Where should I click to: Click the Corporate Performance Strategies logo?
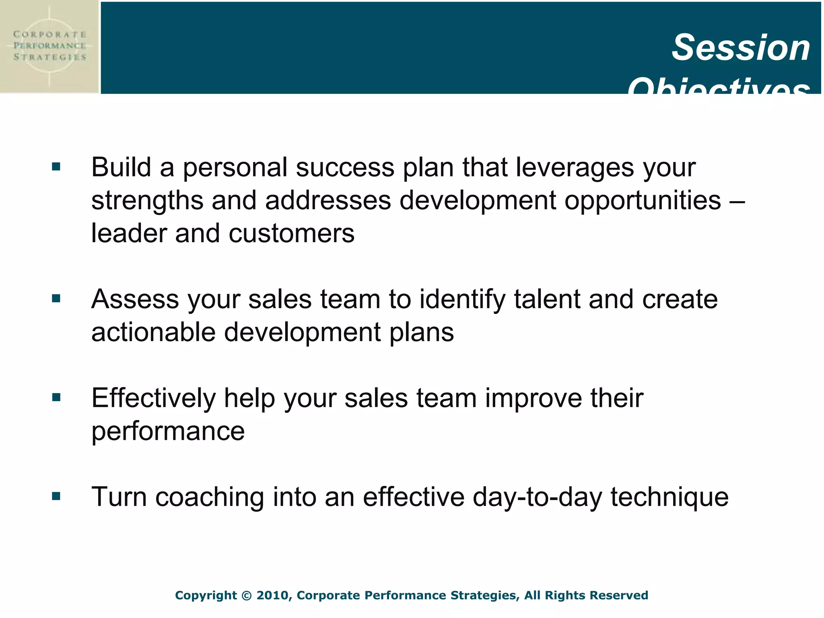pyautogui.click(x=49, y=46)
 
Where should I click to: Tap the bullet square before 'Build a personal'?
pyautogui.click(x=56, y=167)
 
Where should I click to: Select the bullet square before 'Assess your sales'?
pyautogui.click(x=56, y=299)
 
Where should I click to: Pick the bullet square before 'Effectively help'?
pyautogui.click(x=56, y=398)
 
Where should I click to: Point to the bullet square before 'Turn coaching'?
pyautogui.click(x=56, y=496)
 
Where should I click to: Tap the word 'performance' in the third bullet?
pyautogui.click(x=168, y=431)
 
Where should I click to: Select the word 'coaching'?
pyautogui.click(x=210, y=497)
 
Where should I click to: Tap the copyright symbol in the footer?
pyautogui.click(x=246, y=595)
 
